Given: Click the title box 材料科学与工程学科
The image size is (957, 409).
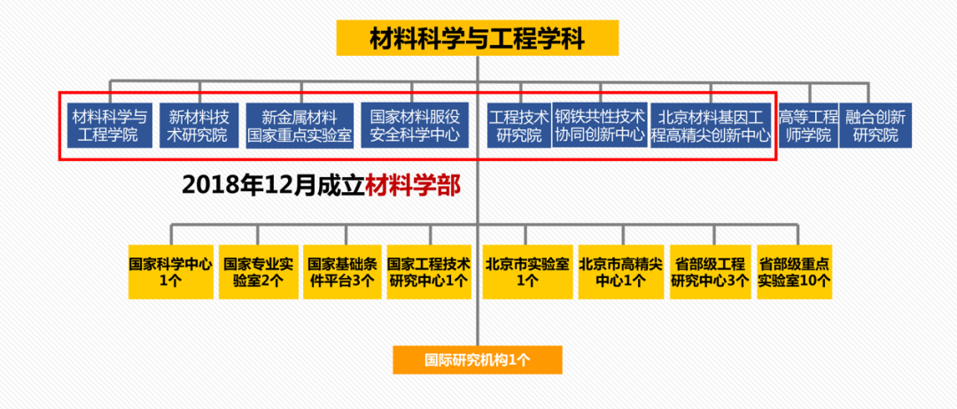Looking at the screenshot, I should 477,37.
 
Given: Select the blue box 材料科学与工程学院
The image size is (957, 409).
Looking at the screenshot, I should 110,126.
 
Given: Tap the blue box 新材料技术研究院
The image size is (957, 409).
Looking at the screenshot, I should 198,126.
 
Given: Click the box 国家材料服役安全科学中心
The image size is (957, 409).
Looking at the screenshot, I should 415,126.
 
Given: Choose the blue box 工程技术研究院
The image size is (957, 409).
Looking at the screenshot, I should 519,126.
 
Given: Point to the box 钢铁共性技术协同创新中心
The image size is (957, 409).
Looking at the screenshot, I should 600,126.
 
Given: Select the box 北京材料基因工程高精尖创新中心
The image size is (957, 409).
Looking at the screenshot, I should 711,126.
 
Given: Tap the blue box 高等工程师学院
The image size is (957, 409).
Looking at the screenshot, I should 807,126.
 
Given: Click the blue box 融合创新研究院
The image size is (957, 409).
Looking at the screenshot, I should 875,126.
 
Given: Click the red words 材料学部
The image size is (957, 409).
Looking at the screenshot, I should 415,185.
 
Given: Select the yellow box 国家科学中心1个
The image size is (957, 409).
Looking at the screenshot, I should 171,272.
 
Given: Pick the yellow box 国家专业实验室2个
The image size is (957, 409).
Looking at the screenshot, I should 258,272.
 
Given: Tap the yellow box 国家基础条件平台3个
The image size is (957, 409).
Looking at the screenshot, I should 341,272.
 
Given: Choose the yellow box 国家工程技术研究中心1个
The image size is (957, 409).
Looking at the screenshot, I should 429,272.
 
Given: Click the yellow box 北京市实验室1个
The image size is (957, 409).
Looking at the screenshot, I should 526,272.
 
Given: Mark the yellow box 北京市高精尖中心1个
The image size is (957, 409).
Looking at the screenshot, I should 620,272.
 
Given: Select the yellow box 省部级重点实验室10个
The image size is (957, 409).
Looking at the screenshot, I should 794,272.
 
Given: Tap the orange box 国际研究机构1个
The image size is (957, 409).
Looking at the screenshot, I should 477,359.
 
